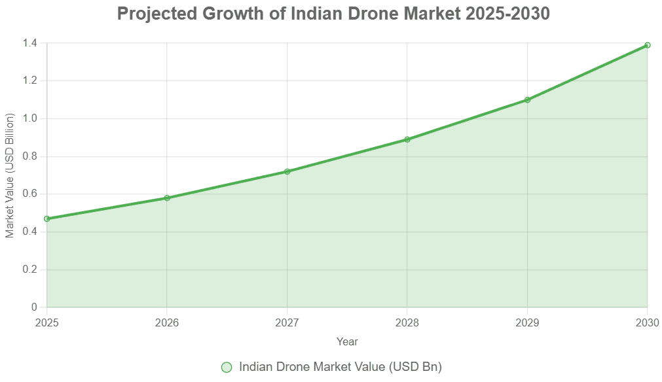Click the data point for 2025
(x=46, y=218)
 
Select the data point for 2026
(x=167, y=198)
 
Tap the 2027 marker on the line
(x=287, y=171)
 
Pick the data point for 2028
(x=407, y=139)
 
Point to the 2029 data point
(x=527, y=100)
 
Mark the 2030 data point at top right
(x=647, y=45)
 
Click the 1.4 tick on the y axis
(x=31, y=43)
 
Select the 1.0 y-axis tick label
(x=31, y=119)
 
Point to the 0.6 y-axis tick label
(x=31, y=194)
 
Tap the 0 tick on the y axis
(x=35, y=307)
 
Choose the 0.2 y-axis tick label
(x=31, y=270)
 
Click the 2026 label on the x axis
(x=167, y=322)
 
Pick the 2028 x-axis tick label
(x=407, y=322)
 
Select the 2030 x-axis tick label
(x=647, y=322)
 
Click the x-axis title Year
(x=347, y=341)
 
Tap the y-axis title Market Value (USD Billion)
(x=10, y=175)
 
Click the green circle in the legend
(x=227, y=368)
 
